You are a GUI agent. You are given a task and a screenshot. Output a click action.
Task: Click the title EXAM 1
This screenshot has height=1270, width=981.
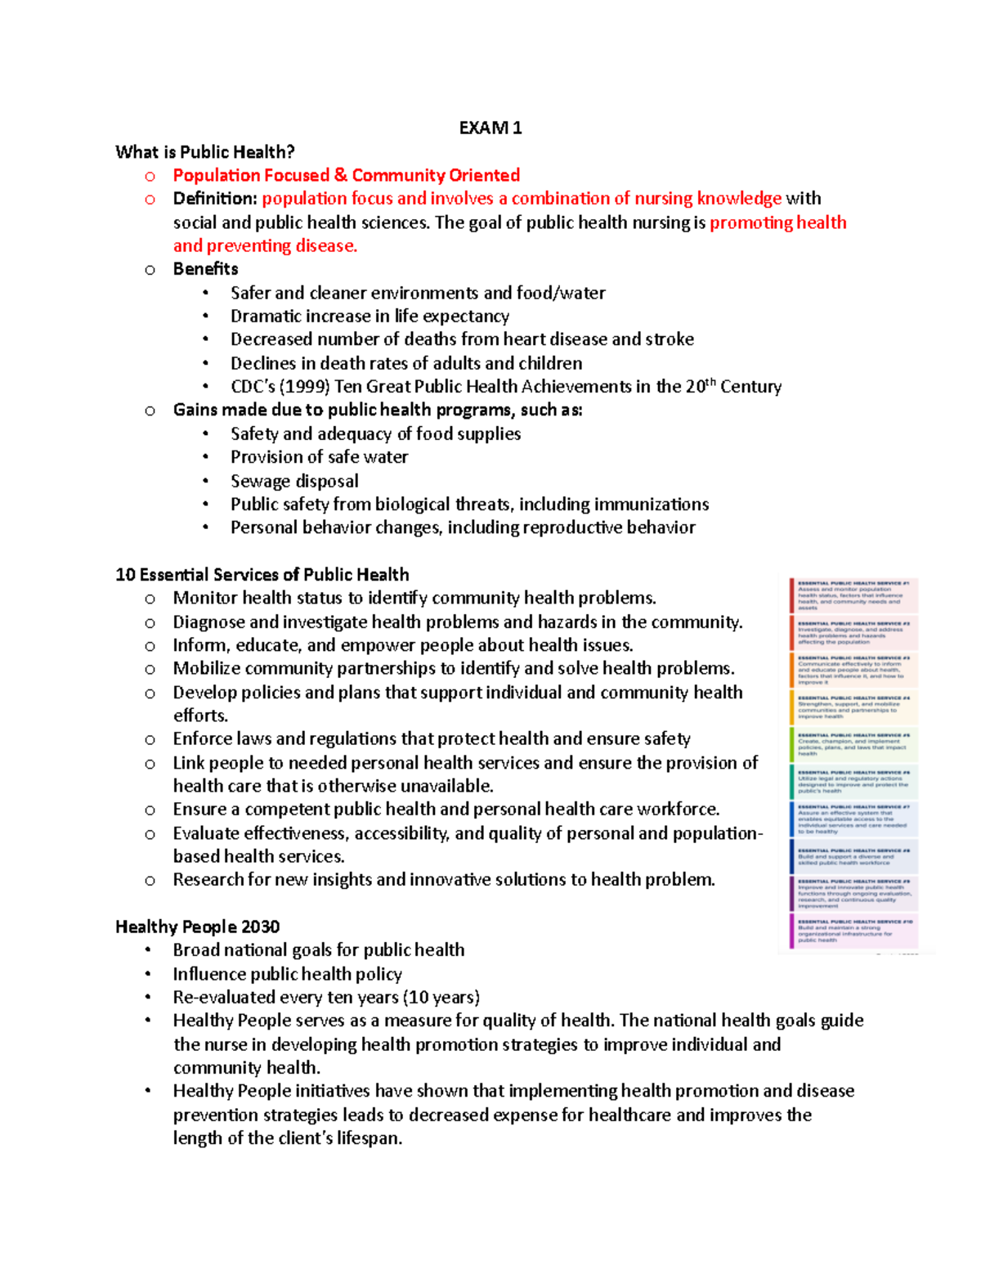(490, 128)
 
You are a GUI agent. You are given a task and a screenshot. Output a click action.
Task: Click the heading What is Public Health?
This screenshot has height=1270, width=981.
(205, 152)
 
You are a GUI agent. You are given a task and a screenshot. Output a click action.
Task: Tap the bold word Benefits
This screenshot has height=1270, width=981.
(205, 269)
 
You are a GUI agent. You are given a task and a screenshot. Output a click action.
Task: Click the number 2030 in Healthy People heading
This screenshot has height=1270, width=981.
(261, 927)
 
